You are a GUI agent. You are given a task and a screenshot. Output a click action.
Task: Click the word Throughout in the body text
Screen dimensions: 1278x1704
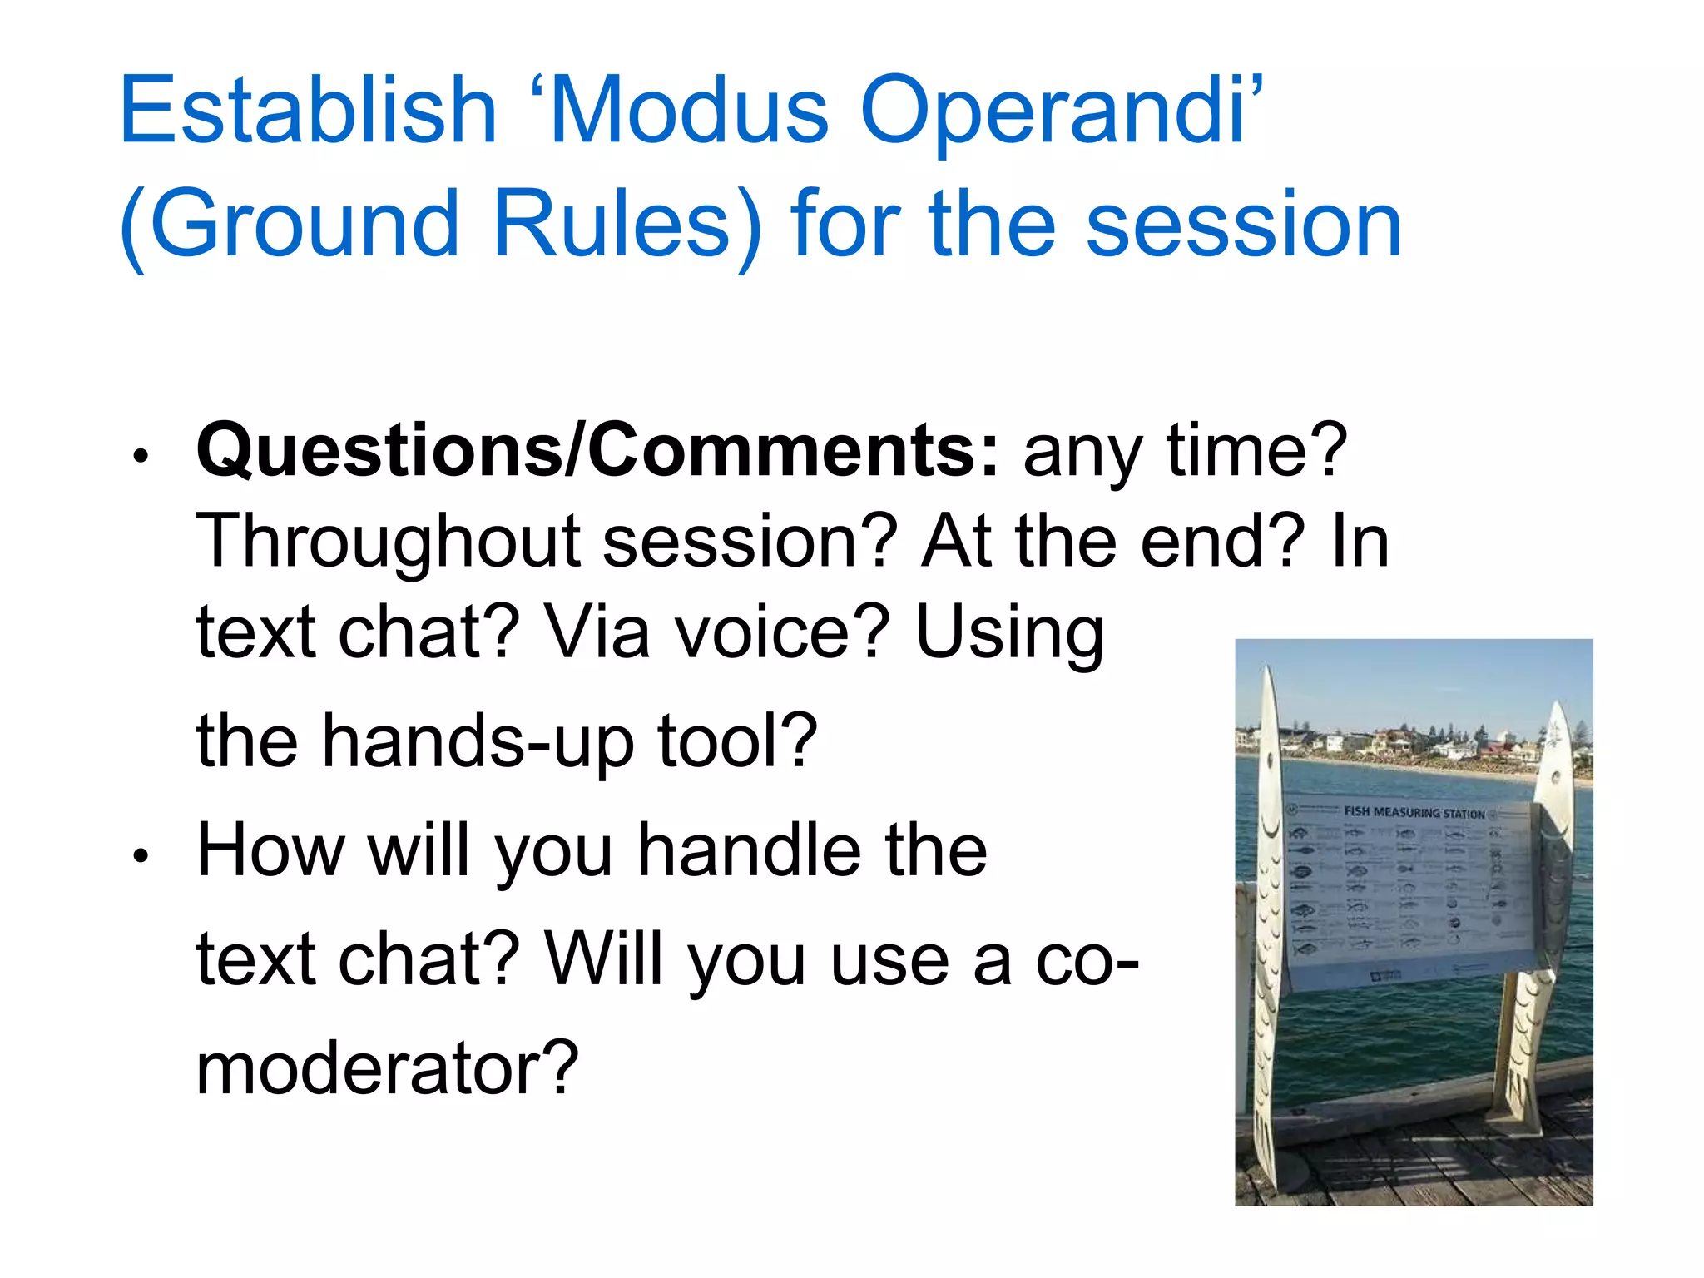click(387, 542)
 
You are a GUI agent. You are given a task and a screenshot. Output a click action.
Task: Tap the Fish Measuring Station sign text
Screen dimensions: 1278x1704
click(1414, 811)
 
